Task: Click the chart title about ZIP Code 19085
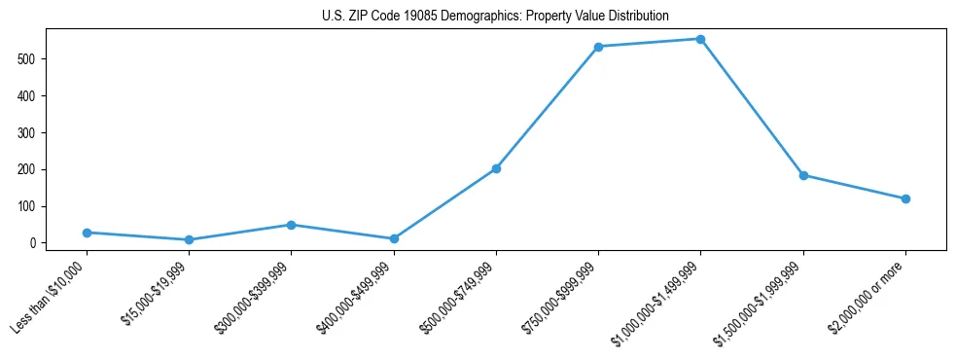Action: point(495,17)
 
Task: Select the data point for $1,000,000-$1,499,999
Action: point(700,39)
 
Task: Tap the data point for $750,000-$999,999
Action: point(598,47)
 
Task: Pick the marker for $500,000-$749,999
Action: point(496,168)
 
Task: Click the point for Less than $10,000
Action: point(87,233)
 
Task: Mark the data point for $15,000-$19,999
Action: point(189,239)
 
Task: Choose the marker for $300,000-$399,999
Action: point(291,225)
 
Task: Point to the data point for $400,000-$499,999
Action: point(394,238)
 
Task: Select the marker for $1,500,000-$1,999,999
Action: point(803,175)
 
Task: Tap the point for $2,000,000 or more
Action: point(905,198)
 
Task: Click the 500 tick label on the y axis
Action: point(36,58)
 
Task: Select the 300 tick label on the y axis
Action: point(36,132)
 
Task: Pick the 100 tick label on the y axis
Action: point(36,206)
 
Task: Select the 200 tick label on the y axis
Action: point(36,169)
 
